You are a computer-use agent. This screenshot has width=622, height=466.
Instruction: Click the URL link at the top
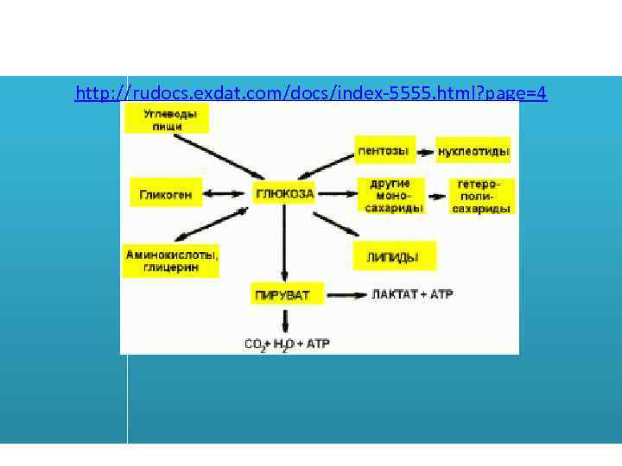tap(311, 92)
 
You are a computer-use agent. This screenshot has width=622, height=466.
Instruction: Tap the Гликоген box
tap(166, 193)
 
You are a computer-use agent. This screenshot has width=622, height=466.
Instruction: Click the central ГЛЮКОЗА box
tap(284, 193)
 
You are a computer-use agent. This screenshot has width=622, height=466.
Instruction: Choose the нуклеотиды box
tap(473, 152)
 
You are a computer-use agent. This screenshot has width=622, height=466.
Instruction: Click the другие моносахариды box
tap(391, 196)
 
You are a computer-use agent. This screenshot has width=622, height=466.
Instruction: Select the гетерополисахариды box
tap(481, 196)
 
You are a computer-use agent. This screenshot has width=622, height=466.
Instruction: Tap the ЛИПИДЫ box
tap(394, 256)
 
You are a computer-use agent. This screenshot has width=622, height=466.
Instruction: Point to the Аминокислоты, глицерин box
tap(172, 261)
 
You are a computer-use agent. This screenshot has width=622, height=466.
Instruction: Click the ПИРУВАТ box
tap(287, 295)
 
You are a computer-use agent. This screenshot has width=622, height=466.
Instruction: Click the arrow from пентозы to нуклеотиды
tap(426, 153)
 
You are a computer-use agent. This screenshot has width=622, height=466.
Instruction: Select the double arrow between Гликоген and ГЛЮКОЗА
tap(227, 193)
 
